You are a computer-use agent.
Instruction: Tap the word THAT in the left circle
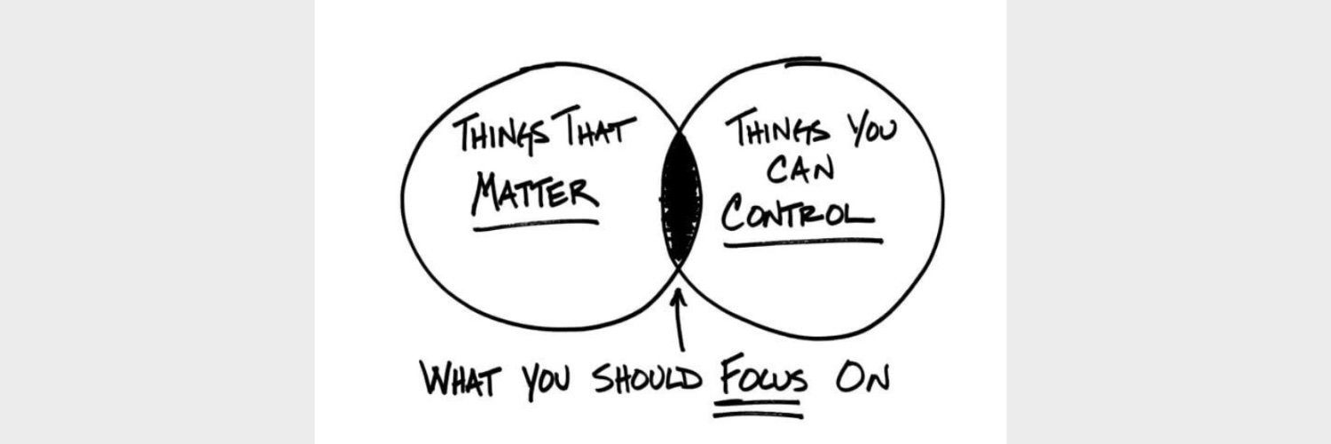(595, 127)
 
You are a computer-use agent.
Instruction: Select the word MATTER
(536, 194)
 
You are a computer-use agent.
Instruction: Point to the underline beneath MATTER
(536, 225)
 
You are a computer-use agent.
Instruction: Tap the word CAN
(800, 169)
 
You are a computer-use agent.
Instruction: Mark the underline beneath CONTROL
(803, 242)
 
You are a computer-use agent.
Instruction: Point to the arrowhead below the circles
(679, 297)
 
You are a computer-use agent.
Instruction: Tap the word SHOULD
(648, 378)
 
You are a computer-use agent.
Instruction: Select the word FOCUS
(763, 376)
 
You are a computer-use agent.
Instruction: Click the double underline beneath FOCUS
(758, 409)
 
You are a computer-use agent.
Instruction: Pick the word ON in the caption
(862, 378)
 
